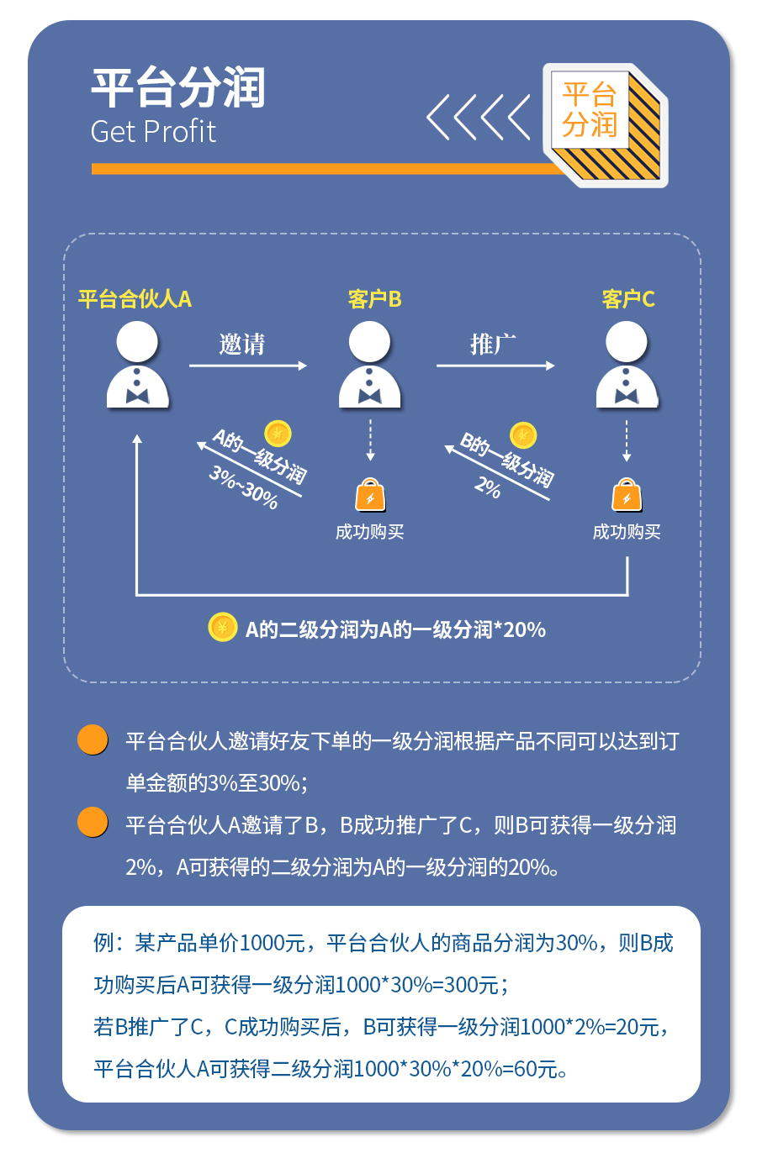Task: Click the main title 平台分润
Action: coord(177,88)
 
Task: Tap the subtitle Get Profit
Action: coord(153,132)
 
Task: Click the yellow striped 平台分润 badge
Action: coord(606,124)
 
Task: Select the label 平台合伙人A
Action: coord(135,299)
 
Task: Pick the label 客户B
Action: coord(374,299)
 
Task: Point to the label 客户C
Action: coord(627,299)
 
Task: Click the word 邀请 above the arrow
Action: coord(242,345)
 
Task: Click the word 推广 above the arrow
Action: coord(493,345)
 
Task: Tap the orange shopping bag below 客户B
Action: coord(370,496)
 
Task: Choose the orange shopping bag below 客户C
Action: coord(627,496)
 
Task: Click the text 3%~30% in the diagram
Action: coord(243,487)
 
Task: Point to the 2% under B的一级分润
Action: coord(488,487)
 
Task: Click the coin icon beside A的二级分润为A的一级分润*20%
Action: coord(222,627)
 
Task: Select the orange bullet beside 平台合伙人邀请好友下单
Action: coord(93,740)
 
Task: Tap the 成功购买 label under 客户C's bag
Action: coord(627,532)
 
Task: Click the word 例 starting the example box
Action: coord(103,943)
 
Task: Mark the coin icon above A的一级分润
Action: coord(278,434)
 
